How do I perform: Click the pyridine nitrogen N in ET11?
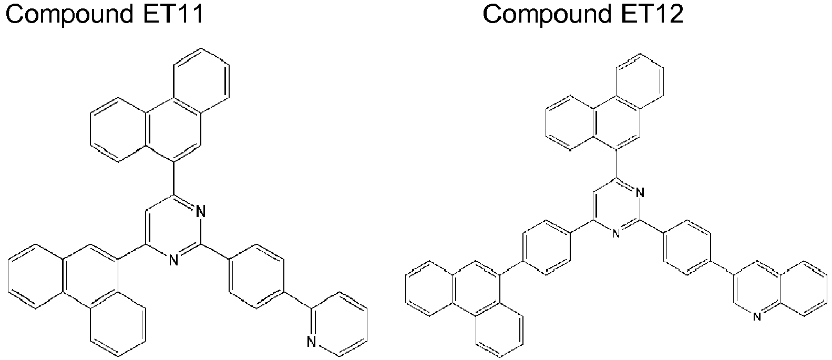312,342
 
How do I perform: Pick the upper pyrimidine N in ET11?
201,212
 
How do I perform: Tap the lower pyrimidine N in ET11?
173,260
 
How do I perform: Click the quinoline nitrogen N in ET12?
757,316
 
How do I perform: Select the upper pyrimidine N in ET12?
640,193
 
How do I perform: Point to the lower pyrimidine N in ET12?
616,233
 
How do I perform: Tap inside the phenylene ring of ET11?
256,276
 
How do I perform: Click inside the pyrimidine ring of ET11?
173,228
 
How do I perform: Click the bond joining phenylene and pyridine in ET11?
298,300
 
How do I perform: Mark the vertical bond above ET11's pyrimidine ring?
173,179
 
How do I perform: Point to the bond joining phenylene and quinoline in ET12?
722,268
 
